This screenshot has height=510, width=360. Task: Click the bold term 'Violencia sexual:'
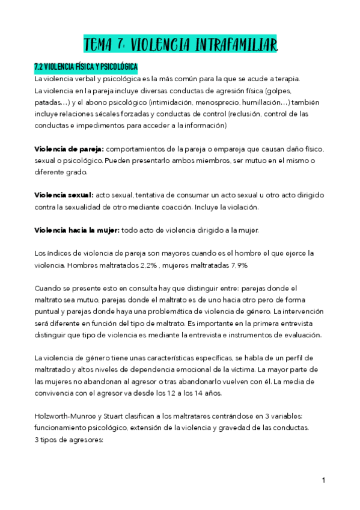64,195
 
